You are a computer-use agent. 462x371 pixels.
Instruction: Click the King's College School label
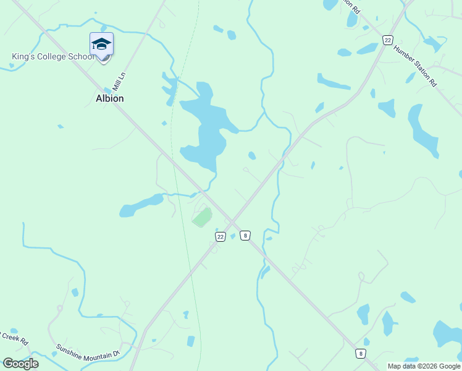point(52,57)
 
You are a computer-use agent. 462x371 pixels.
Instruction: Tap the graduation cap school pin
point(101,45)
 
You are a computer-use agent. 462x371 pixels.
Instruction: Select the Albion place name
point(109,98)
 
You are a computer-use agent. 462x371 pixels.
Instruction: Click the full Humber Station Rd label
point(415,66)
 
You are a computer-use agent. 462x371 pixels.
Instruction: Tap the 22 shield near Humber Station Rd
point(387,40)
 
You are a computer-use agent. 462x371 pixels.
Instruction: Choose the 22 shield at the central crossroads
point(220,236)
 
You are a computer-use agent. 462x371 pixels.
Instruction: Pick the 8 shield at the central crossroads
point(245,235)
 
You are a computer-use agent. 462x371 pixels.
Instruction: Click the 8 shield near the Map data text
point(360,353)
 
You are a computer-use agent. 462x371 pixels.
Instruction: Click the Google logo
point(20,364)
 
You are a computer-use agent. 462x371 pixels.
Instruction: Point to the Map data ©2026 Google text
point(424,366)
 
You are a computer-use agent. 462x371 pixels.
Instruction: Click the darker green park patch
point(203,217)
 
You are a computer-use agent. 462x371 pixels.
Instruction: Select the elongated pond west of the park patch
point(141,205)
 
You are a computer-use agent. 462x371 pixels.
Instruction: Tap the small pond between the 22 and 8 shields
point(233,236)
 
